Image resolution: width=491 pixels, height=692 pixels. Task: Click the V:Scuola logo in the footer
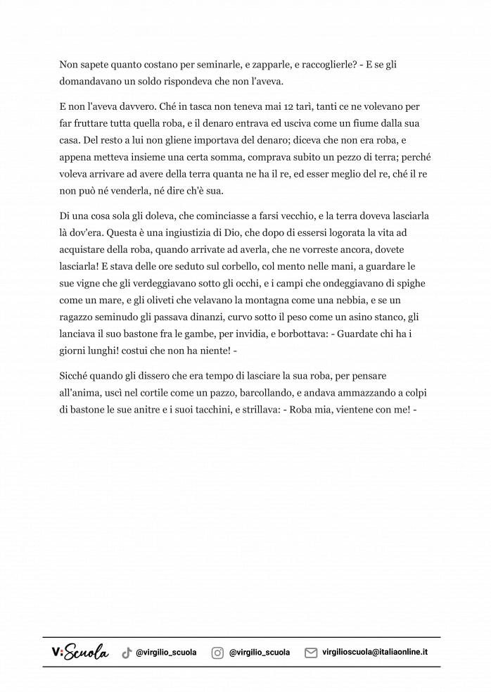(x=80, y=653)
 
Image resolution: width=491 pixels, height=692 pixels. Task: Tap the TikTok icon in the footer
(x=127, y=653)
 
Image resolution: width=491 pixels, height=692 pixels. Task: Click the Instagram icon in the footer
(x=218, y=653)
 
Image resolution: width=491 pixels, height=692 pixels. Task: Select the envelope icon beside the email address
(x=311, y=653)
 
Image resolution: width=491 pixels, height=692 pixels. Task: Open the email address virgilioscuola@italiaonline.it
(x=375, y=652)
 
